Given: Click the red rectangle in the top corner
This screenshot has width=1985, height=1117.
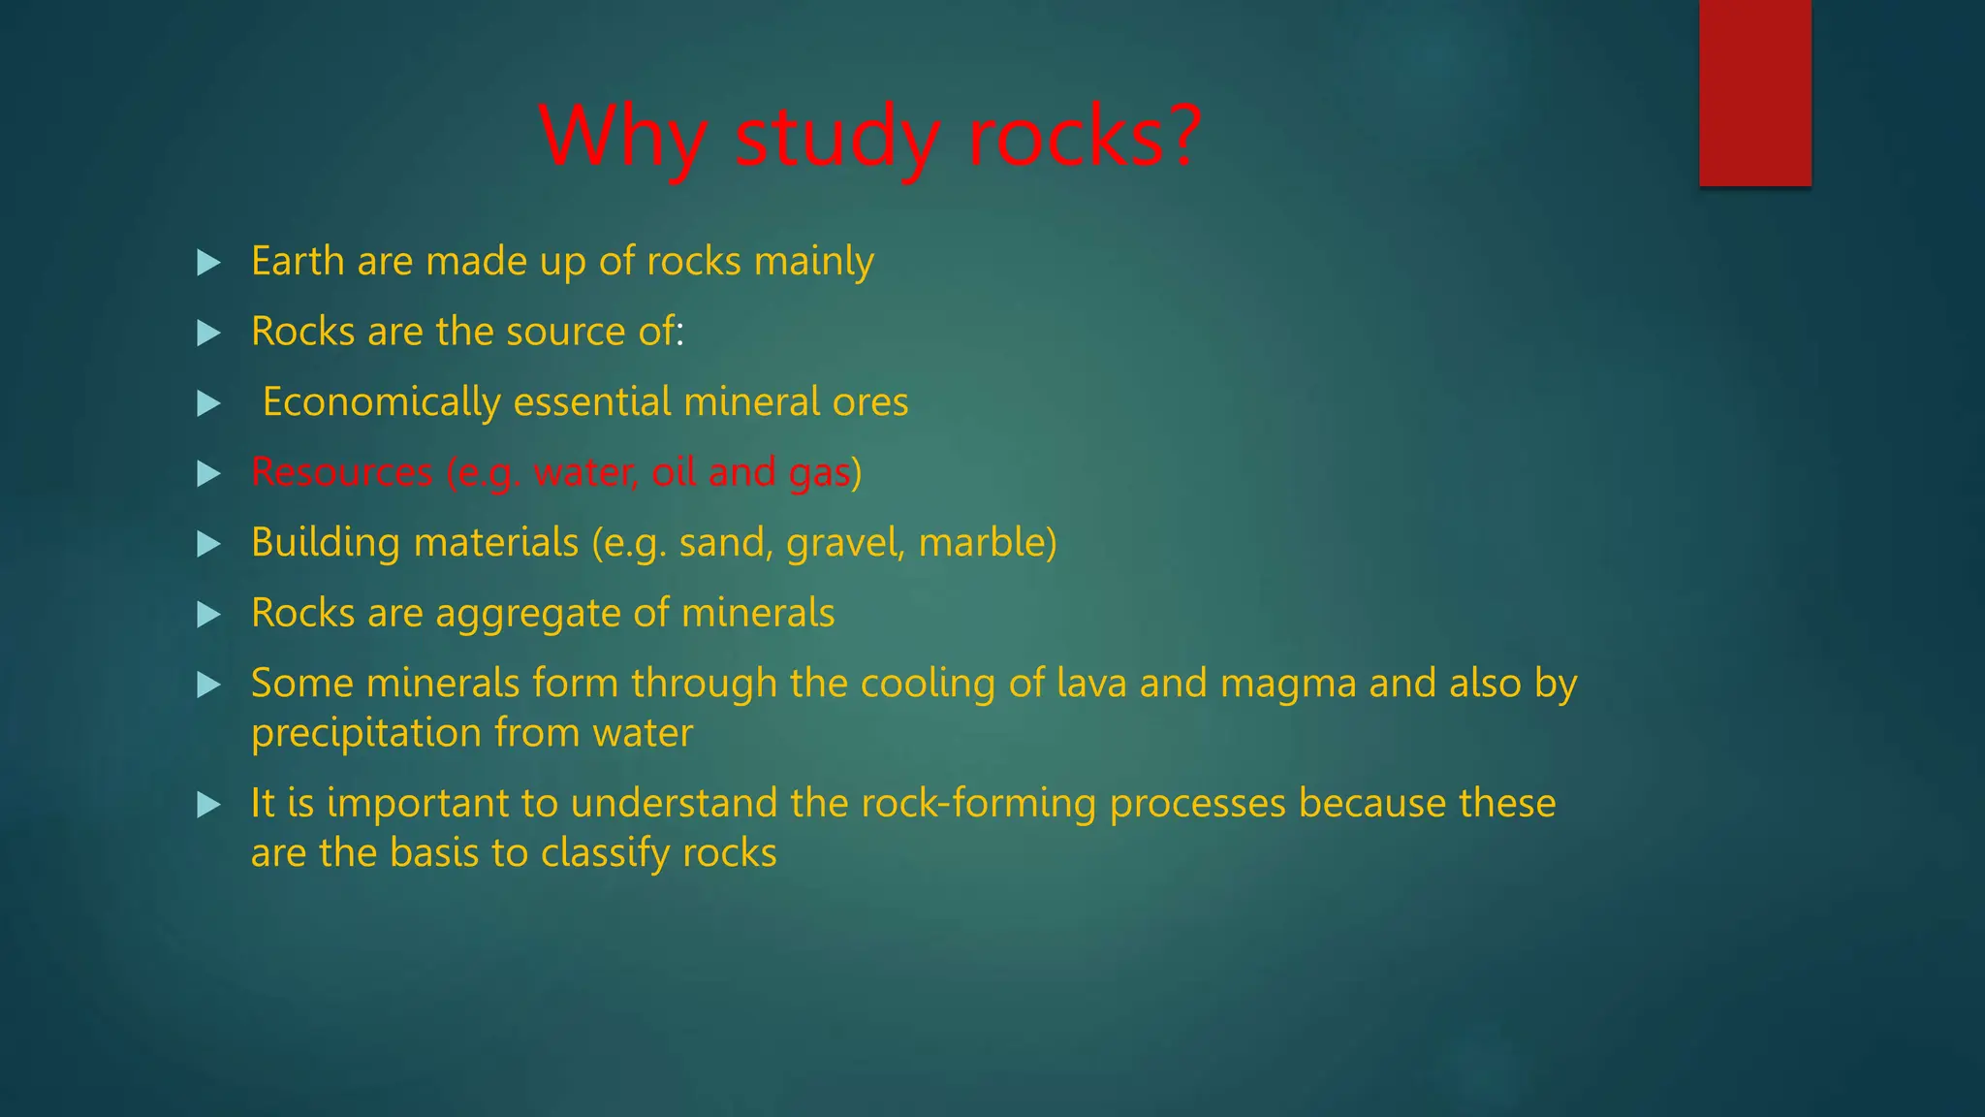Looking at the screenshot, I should coord(1754,93).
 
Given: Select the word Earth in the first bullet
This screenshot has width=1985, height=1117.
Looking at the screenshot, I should coord(298,261).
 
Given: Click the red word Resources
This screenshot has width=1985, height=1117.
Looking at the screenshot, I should coord(341,472).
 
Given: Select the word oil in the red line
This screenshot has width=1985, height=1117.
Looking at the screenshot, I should coord(674,472).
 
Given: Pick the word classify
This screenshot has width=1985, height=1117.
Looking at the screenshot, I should coord(605,853).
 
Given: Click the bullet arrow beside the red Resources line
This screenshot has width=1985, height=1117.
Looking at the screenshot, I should coord(208,474).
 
